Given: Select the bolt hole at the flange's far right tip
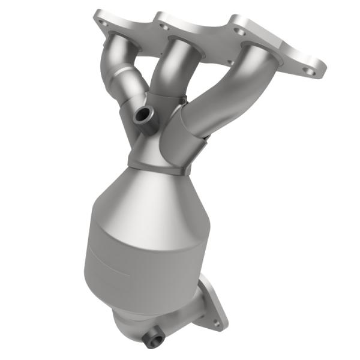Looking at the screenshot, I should (310, 70).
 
